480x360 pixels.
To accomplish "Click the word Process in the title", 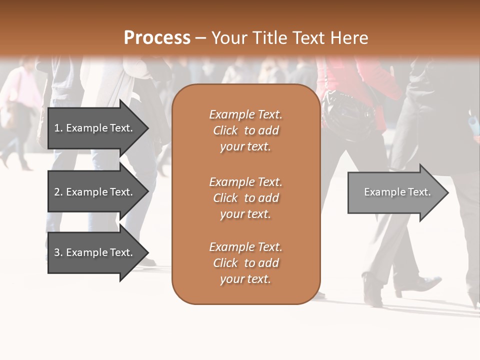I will (157, 37).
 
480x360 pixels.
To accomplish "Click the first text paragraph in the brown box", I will (245, 130).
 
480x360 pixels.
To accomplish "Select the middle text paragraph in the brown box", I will (245, 197).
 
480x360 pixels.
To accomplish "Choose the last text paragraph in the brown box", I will (245, 263).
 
